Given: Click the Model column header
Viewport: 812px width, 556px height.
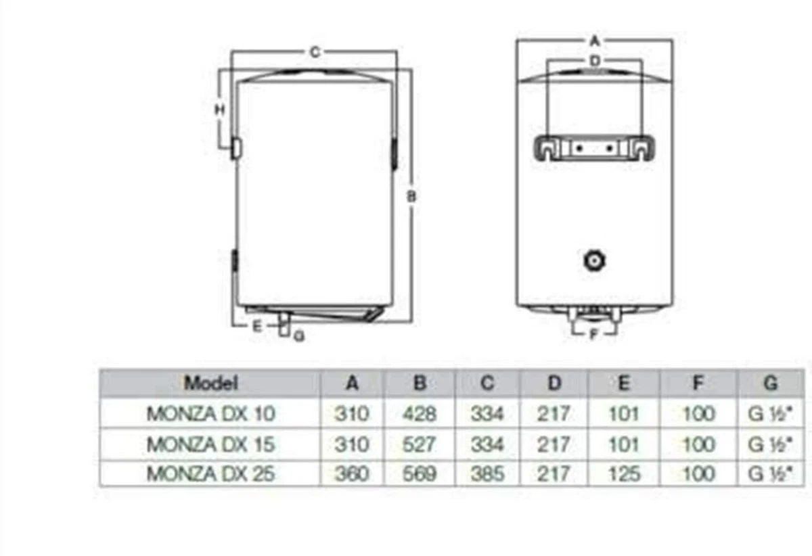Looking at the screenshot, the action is coord(211,383).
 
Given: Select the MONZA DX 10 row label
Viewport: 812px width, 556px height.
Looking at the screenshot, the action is coord(210,413).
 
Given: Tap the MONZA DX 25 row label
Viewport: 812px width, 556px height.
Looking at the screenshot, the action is coord(210,473).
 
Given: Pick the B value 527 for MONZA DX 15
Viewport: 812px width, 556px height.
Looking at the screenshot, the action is coord(419,444).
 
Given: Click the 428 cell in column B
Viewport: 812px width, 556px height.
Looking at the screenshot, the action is coord(419,413).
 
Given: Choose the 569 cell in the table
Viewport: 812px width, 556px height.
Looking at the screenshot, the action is coord(419,473).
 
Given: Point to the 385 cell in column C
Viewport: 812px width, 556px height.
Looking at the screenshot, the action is coord(487,473).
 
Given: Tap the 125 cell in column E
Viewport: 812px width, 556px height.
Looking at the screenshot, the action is coord(624,473).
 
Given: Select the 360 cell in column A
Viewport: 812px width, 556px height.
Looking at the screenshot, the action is coord(352,473).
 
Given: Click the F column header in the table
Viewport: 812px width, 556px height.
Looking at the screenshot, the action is coord(698,383).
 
